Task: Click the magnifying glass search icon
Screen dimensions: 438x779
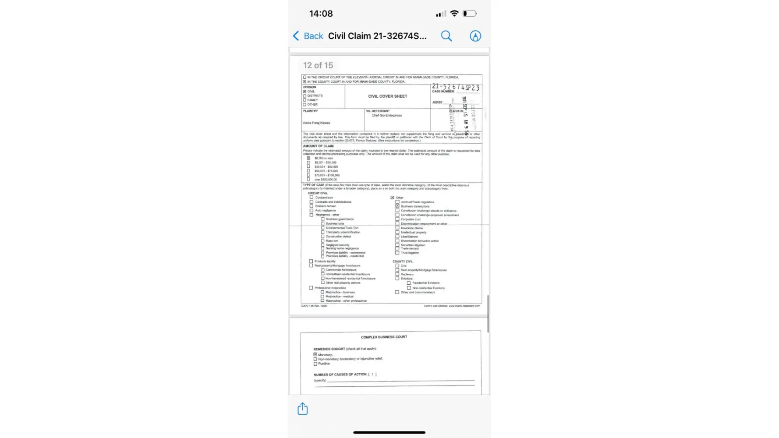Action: point(446,36)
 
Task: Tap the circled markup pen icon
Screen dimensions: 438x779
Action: point(475,36)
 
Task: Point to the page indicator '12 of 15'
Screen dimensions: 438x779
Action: point(318,65)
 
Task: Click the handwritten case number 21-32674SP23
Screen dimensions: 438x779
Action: point(455,87)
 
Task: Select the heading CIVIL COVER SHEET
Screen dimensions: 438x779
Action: point(387,96)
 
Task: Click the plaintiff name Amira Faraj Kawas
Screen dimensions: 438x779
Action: point(316,123)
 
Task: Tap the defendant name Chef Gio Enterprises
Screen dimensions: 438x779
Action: point(386,116)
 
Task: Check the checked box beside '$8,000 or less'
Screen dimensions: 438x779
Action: point(308,158)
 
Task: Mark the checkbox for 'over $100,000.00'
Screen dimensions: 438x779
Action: point(308,179)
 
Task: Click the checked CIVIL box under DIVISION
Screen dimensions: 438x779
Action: point(305,92)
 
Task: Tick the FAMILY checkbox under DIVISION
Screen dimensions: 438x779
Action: point(305,100)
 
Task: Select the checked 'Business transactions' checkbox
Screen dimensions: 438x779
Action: point(397,206)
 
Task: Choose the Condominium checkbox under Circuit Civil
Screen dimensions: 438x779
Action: point(312,198)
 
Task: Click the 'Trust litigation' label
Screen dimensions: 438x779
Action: point(410,253)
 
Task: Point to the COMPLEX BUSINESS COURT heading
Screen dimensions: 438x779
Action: point(384,337)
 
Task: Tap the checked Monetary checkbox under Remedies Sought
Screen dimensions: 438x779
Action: point(315,354)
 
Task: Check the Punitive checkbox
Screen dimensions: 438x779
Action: point(315,364)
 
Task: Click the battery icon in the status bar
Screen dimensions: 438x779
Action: point(469,14)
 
